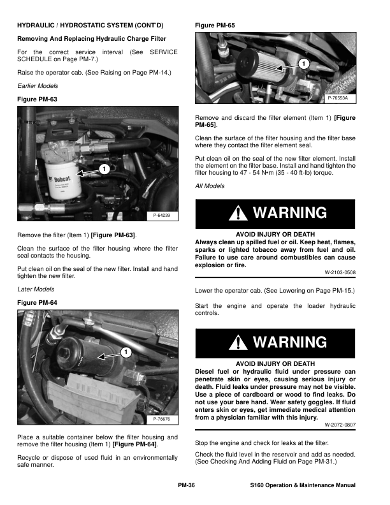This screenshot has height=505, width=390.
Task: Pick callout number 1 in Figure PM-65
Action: coord(304,64)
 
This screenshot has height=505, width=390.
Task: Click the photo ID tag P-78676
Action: coord(163,419)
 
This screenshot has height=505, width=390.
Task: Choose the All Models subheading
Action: coord(210,186)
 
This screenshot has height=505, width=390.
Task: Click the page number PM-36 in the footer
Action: coord(186,486)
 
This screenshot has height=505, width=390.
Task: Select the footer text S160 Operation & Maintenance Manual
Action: coord(303,486)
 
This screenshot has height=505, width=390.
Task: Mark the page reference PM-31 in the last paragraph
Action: coord(338,460)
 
